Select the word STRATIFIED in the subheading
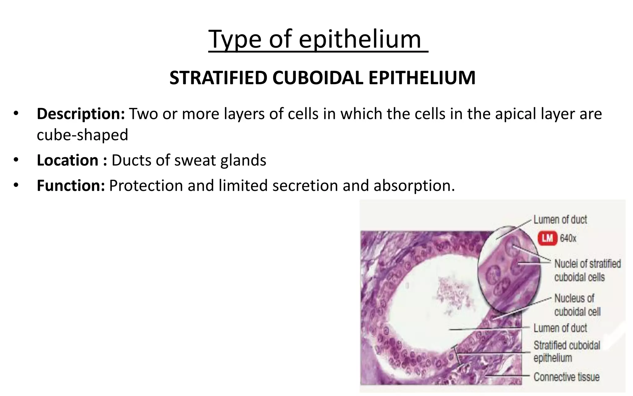pos(218,78)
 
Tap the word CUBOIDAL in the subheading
pos(317,78)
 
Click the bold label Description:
pos(81,114)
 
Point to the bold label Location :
pos(72,160)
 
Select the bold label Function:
pos(71,186)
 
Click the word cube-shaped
pos(82,135)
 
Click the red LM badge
pos(547,238)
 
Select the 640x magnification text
pos(568,239)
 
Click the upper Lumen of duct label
pos(560,220)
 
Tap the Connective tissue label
pos(566,377)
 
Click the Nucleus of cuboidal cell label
pos(577,305)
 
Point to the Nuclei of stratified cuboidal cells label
pos(587,270)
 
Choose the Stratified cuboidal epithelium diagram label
pos(566,351)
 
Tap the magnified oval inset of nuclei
pos(509,272)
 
